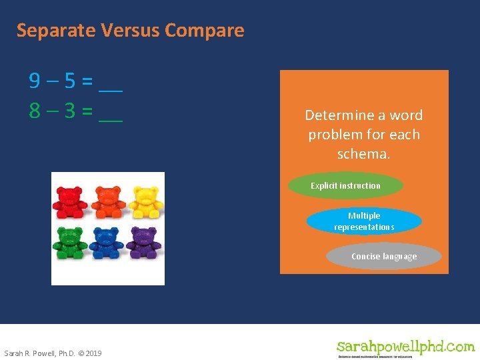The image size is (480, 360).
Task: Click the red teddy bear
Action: [x=70, y=202]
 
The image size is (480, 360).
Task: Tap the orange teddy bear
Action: [x=107, y=202]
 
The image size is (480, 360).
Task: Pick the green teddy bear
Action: [x=71, y=243]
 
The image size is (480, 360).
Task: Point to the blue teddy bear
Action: [x=107, y=243]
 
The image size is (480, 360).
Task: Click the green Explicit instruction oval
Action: [x=345, y=186]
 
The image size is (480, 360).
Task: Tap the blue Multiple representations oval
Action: [x=364, y=221]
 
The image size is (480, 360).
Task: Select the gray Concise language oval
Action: [x=384, y=257]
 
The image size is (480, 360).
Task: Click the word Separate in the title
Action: [x=57, y=31]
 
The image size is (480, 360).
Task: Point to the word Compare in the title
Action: [x=204, y=31]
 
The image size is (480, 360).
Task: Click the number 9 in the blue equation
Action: [x=35, y=81]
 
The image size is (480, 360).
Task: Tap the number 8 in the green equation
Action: [x=35, y=111]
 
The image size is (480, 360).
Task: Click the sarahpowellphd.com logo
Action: [x=405, y=347]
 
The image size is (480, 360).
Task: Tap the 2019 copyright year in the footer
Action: [x=93, y=353]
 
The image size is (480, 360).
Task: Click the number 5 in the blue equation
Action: [x=69, y=81]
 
